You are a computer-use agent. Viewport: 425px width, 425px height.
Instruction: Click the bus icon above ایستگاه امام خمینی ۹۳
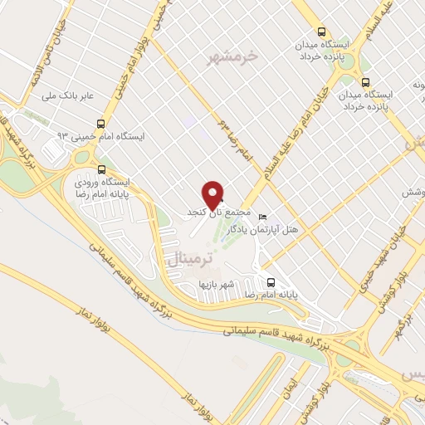[100, 123]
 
